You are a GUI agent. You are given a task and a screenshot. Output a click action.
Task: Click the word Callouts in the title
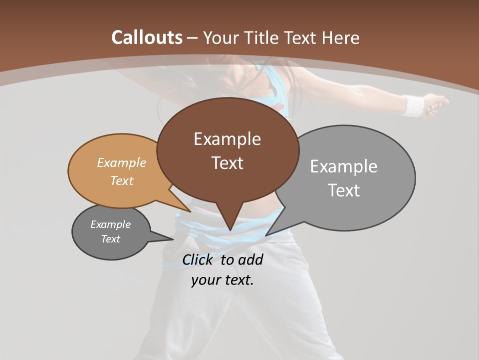[147, 37]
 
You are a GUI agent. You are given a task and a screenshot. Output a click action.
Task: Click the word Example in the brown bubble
[227, 138]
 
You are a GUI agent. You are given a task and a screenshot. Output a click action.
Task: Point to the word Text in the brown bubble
[227, 162]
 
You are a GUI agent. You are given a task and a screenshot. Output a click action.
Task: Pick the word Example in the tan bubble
[121, 162]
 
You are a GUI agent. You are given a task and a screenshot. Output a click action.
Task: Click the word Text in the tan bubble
[121, 180]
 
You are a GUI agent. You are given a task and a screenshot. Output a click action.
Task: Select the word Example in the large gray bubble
[343, 166]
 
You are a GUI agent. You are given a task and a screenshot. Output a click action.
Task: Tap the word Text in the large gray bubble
[344, 190]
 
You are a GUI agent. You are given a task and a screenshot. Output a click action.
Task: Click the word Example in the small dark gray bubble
[110, 224]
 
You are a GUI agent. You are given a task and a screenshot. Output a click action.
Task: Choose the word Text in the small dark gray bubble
[110, 239]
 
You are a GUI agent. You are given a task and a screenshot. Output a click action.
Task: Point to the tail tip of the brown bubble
[230, 229]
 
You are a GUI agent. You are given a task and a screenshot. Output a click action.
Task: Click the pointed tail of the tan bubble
[190, 211]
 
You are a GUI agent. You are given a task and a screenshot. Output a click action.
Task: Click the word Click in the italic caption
[199, 259]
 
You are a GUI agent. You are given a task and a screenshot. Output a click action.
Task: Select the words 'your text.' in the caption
[222, 280]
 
